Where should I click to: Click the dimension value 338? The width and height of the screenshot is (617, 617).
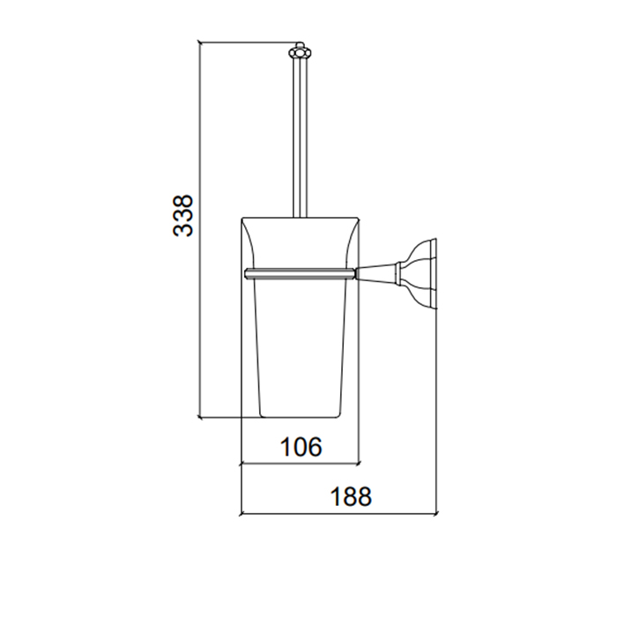(x=183, y=215)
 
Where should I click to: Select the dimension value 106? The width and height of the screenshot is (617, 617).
(x=301, y=447)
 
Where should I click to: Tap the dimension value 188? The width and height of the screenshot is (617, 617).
(x=351, y=496)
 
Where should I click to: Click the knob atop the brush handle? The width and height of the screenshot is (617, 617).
(x=300, y=51)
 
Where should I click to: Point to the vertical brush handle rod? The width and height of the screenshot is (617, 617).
(x=300, y=138)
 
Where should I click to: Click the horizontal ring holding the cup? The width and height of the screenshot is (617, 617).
(x=301, y=273)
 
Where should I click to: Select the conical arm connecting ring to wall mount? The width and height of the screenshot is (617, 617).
(x=377, y=273)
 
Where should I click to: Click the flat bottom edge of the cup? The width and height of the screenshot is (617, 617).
(x=299, y=417)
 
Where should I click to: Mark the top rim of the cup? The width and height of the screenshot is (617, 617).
(x=300, y=218)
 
